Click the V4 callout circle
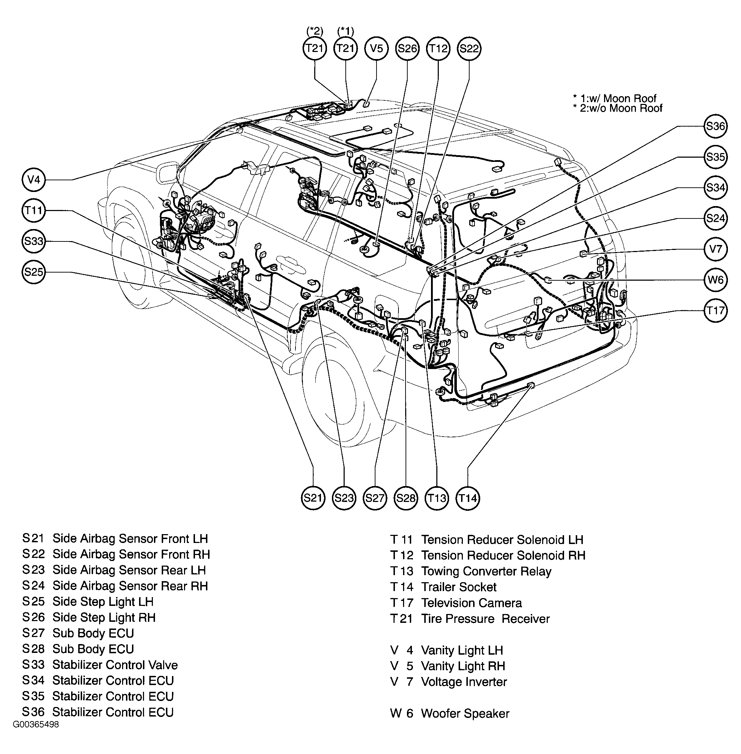[34, 180]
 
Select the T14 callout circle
[468, 498]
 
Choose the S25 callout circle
[34, 271]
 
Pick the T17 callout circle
[715, 310]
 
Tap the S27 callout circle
[375, 498]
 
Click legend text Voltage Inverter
[464, 682]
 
